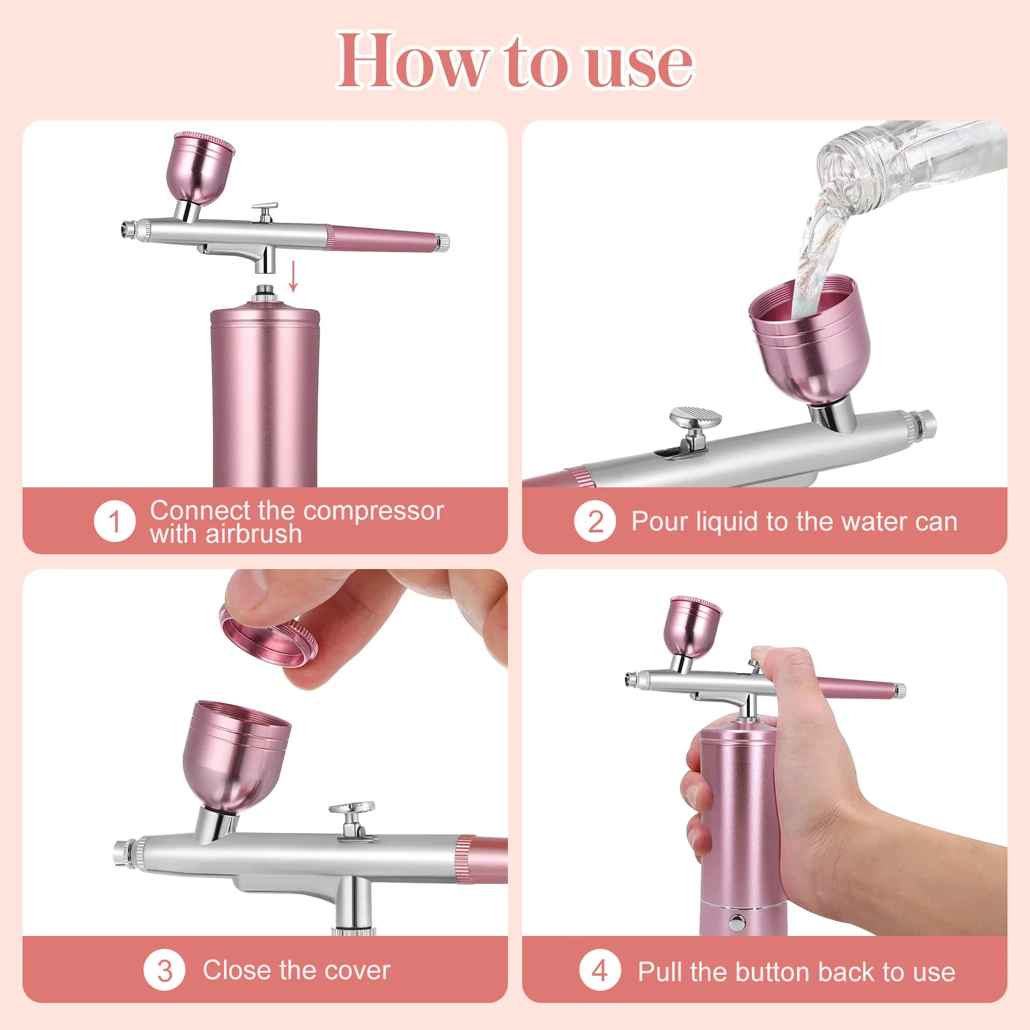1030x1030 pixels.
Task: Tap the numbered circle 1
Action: click(115, 521)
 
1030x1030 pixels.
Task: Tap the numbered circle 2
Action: click(595, 521)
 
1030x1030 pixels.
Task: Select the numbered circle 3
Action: click(164, 970)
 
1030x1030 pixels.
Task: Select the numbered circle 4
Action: click(599, 970)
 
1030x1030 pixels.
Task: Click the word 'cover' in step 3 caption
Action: click(358, 970)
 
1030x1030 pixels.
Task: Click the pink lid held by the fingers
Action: click(267, 637)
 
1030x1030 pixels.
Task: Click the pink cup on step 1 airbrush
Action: click(200, 169)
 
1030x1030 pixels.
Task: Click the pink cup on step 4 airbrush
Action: click(693, 626)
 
